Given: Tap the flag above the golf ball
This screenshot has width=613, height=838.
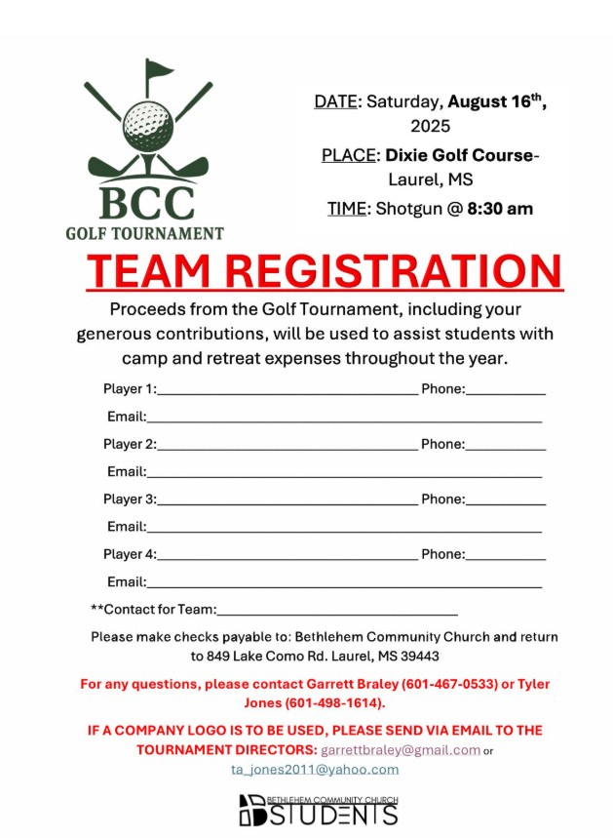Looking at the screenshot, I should click(158, 71).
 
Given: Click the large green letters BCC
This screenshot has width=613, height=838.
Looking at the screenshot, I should click(146, 202).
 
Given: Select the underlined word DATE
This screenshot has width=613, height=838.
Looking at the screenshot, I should click(336, 101).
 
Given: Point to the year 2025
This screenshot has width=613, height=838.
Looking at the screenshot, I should click(430, 126).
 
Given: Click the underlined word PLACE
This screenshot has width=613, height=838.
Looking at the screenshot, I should click(349, 155).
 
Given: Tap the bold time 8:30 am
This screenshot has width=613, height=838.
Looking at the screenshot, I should click(500, 208).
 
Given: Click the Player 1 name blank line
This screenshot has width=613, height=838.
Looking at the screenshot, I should click(287, 391).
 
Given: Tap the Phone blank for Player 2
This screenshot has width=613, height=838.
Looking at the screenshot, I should click(506, 447).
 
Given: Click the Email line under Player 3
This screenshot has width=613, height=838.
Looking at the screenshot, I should click(344, 529).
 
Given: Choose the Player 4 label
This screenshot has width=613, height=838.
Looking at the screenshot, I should click(130, 554).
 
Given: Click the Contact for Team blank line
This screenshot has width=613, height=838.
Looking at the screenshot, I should click(336, 613).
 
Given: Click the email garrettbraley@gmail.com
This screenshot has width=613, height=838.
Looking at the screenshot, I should click(401, 750).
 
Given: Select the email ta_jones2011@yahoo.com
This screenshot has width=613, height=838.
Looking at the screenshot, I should click(315, 769).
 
